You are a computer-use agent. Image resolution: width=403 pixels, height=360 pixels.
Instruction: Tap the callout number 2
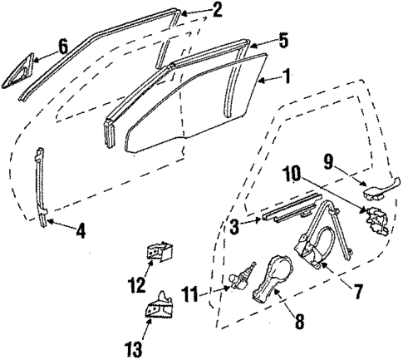[217, 10]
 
